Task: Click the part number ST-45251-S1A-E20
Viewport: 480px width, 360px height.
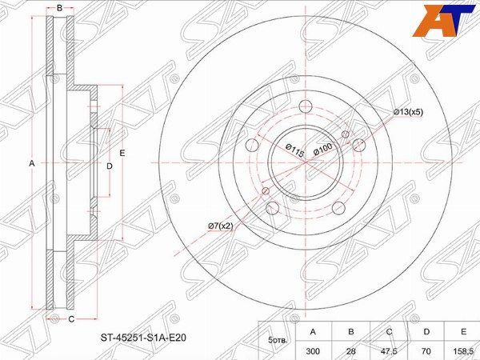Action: pos(143,338)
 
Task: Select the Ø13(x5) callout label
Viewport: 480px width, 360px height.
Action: pos(408,112)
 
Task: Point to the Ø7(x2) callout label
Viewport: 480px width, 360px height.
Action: pos(221,226)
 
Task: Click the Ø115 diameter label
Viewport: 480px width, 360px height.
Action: pos(294,150)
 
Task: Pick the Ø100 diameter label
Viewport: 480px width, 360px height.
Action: pos(323,149)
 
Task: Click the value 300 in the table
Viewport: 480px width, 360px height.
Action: pos(313,351)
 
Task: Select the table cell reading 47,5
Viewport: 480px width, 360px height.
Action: pos(389,351)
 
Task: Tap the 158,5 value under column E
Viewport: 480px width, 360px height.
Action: pos(463,351)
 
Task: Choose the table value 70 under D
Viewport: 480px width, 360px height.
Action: pos(426,351)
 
